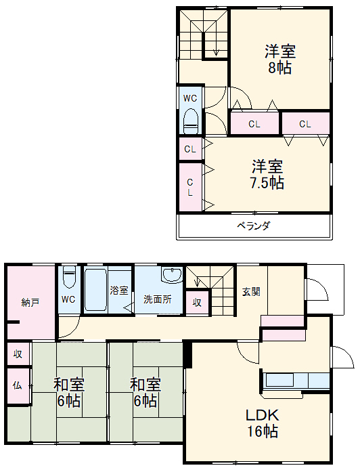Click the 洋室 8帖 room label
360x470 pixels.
(280, 60)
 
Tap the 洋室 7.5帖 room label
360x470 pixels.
(267, 174)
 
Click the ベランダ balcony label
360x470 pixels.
(253, 226)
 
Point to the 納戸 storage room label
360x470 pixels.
(30, 302)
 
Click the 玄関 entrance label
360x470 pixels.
(250, 292)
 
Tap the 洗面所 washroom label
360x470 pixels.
(157, 299)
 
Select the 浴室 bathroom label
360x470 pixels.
(119, 290)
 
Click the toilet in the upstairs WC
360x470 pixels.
(191, 121)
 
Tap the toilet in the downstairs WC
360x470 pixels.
(69, 278)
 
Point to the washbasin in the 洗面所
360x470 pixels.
(173, 276)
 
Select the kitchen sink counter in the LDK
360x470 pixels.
(294, 379)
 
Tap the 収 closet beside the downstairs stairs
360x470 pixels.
(197, 302)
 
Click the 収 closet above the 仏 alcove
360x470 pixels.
(18, 354)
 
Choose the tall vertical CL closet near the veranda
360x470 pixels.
(190, 186)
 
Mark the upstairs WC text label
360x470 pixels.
(190, 97)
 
